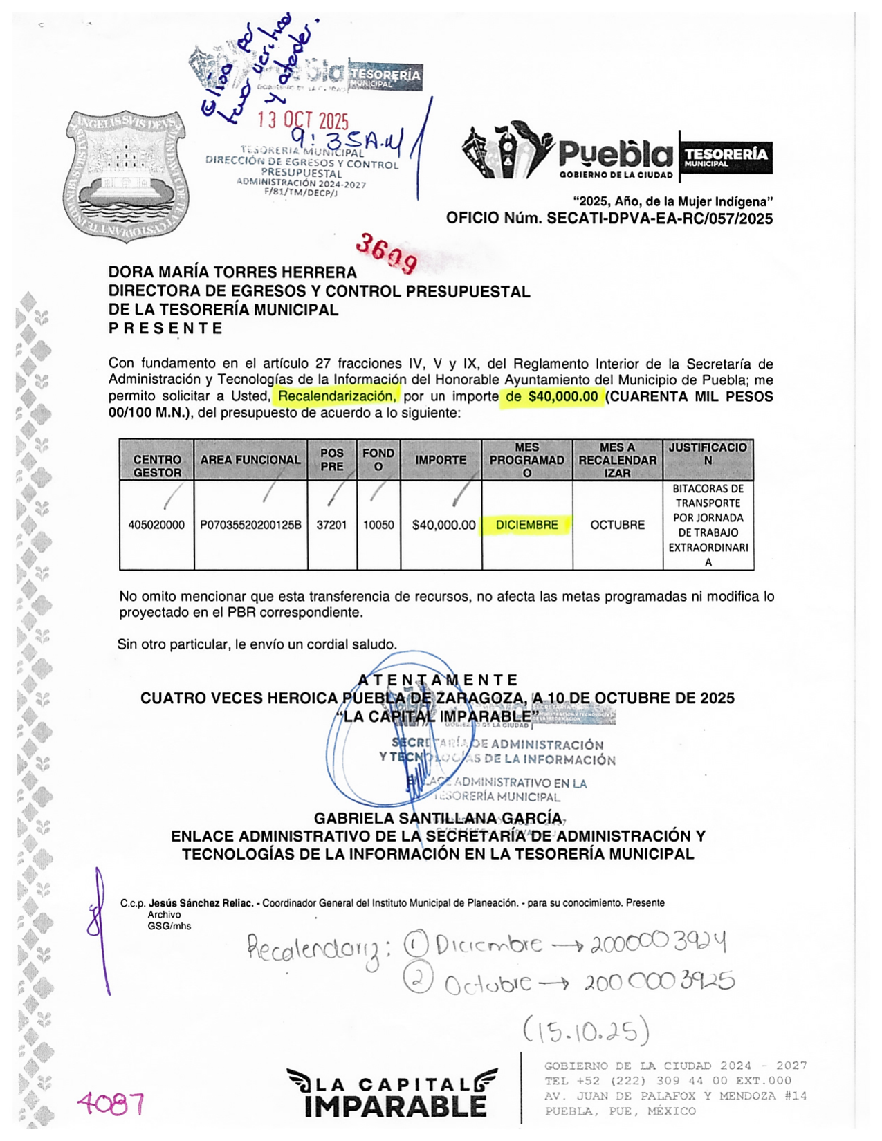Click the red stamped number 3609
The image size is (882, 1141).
click(x=387, y=253)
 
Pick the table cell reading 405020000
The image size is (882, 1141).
click(x=156, y=525)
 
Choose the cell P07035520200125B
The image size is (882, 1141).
click(x=250, y=525)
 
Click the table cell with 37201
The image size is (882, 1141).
click(x=331, y=525)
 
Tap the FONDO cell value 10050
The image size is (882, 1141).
click(x=378, y=525)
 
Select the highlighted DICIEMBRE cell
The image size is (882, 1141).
click(x=526, y=525)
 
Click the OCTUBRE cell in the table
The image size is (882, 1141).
click(x=617, y=525)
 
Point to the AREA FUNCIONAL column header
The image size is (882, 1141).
click(x=250, y=460)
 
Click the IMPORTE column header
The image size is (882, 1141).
click(x=441, y=460)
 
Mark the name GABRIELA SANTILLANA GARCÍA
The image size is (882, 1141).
click(x=438, y=818)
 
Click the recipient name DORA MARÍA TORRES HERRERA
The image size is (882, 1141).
click(x=232, y=272)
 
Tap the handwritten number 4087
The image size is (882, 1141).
click(x=111, y=1104)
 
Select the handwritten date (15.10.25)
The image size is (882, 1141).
click(x=586, y=1031)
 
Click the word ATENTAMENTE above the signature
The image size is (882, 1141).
click(x=438, y=680)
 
